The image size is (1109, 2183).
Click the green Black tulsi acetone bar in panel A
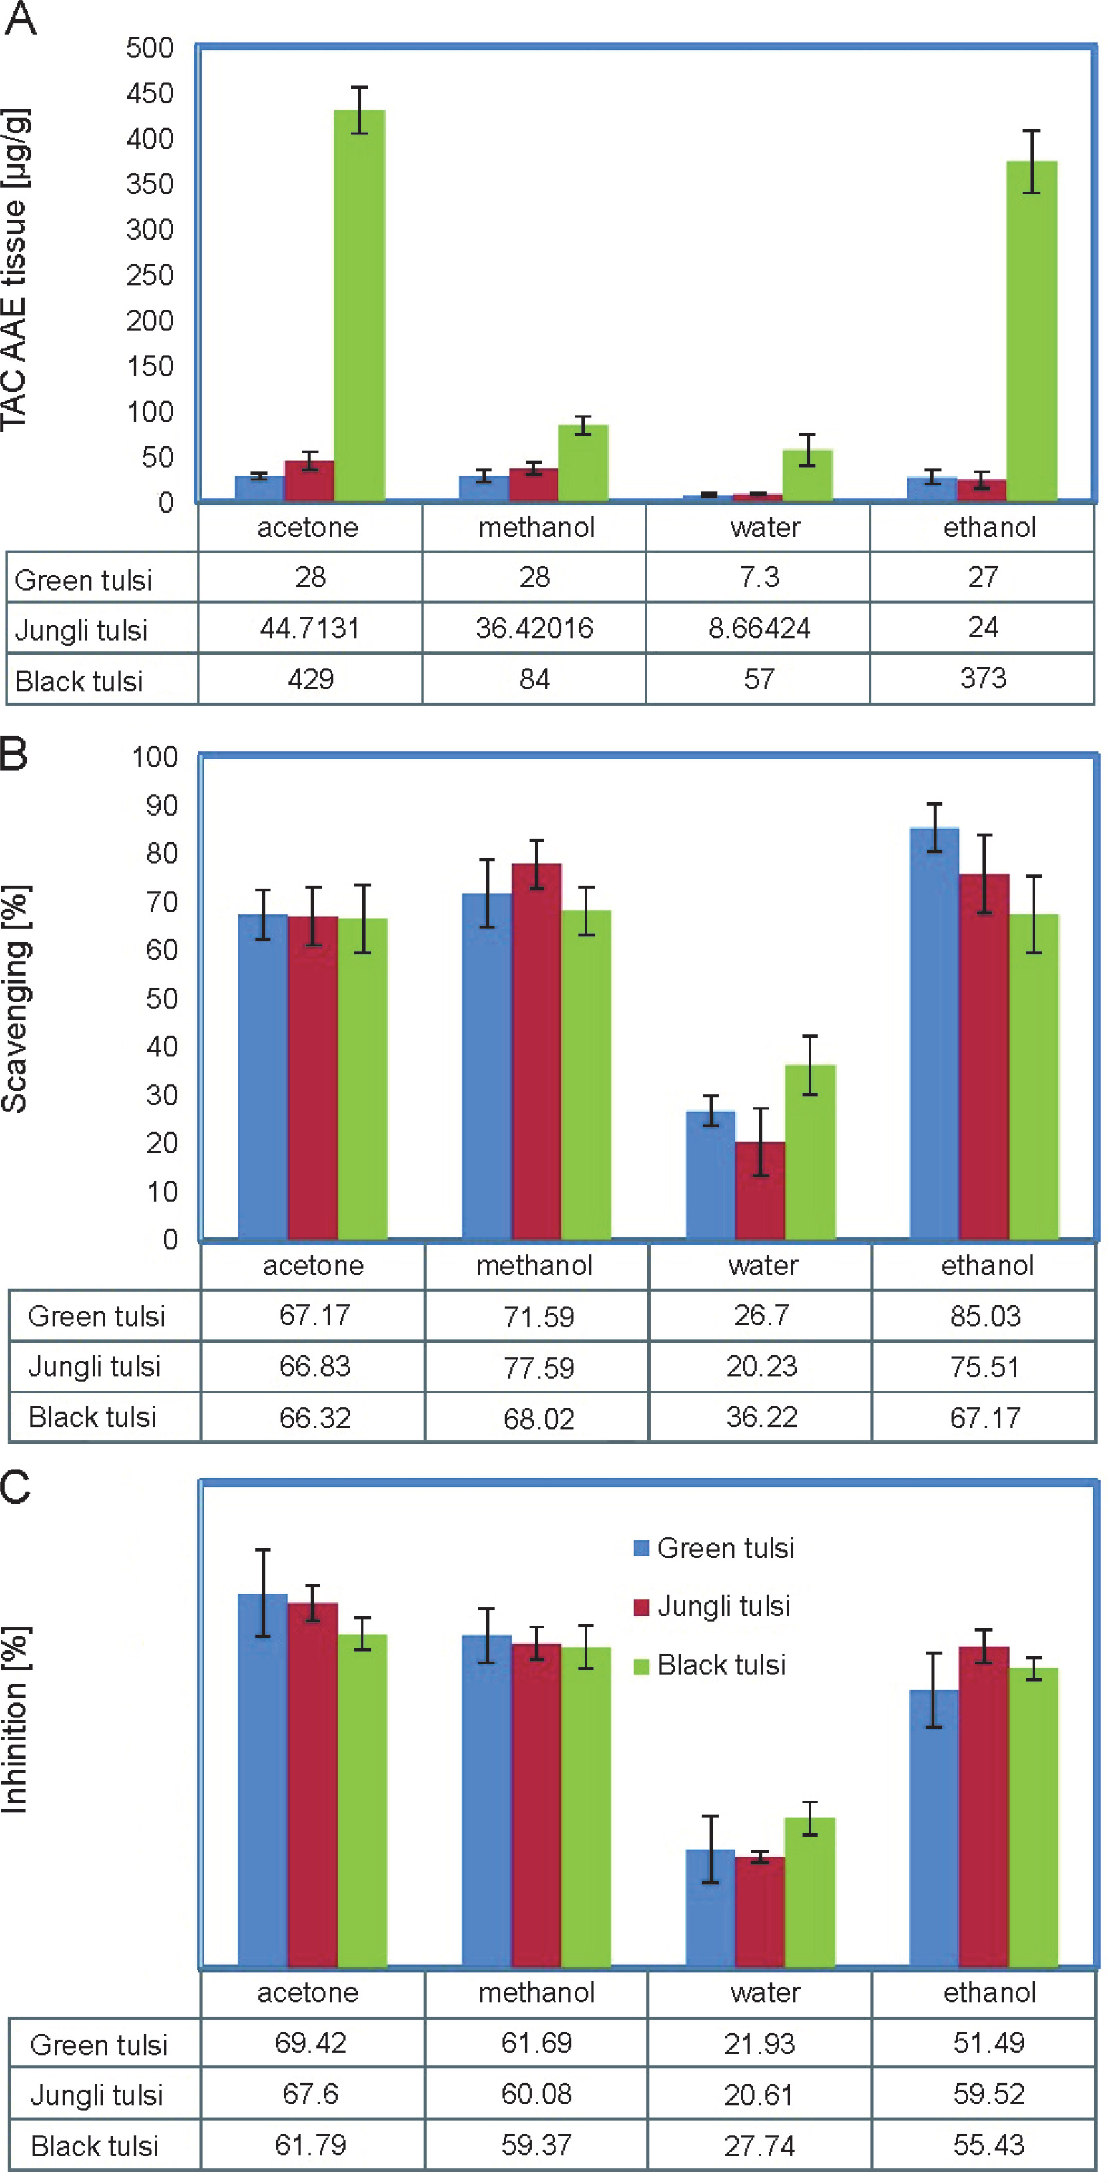(x=360, y=305)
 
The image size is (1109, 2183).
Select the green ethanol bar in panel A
(x=1031, y=330)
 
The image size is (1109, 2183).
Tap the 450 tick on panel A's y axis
(x=149, y=93)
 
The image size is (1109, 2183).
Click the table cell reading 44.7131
(x=310, y=628)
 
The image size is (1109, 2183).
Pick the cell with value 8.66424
(x=759, y=628)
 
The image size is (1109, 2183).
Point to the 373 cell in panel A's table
(x=982, y=678)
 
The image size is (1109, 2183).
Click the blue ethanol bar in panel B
(x=934, y=1034)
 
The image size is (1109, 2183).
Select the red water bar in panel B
(x=760, y=1191)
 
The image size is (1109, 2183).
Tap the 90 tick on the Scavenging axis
(x=161, y=805)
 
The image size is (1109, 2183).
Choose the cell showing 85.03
(x=985, y=1316)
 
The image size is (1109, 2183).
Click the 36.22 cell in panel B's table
(x=761, y=1417)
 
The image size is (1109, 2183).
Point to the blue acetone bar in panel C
(x=263, y=1779)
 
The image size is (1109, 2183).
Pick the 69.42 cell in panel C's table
(x=310, y=2043)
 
